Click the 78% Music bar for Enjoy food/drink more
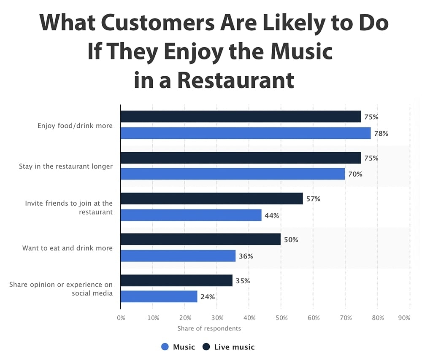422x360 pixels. coord(245,133)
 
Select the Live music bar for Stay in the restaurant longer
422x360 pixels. coord(241,158)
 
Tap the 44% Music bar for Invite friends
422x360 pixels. coord(191,215)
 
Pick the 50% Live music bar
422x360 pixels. coord(200,239)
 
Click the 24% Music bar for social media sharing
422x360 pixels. coord(159,296)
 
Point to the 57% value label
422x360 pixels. coord(313,199)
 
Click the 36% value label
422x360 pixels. coord(246,256)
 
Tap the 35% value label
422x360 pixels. coord(242,280)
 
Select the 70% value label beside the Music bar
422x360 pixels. coord(355,174)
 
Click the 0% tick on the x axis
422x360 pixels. coord(121,318)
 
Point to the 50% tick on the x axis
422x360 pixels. coord(281,318)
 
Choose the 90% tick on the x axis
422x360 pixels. coord(404,318)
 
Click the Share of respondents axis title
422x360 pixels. coord(209,328)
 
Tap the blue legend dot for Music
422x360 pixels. coord(165,347)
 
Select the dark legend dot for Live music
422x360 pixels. coord(206,347)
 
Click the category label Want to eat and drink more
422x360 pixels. coord(68,248)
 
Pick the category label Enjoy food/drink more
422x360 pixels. coord(75,126)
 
